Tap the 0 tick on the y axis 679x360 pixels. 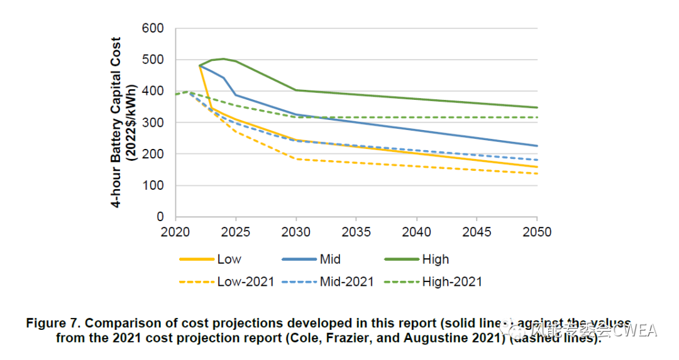(160, 217)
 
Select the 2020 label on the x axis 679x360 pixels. (175, 232)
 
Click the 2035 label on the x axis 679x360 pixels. (356, 232)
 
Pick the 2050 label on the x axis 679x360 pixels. (537, 232)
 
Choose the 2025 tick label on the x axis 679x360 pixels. (236, 232)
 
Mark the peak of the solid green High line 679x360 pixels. (223, 59)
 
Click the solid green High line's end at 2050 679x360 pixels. (537, 107)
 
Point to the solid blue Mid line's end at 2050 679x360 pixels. (537, 146)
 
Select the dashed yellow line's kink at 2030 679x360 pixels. (296, 159)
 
